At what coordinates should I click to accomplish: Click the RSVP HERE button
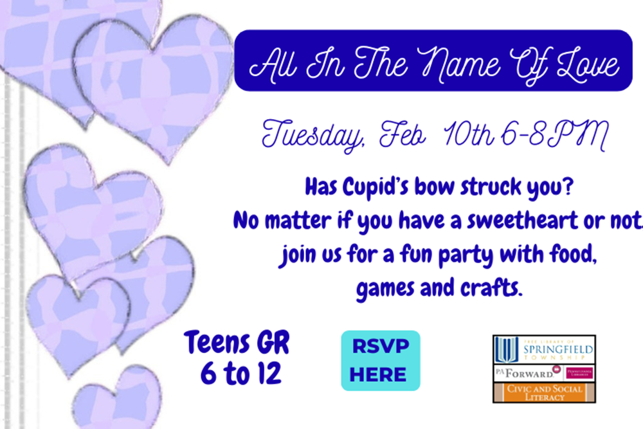[380, 361]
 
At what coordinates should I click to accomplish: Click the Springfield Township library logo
[544, 351]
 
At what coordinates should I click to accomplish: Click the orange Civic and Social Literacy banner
[544, 392]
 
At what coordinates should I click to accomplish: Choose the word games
[385, 288]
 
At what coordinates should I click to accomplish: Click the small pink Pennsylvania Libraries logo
[579, 373]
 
